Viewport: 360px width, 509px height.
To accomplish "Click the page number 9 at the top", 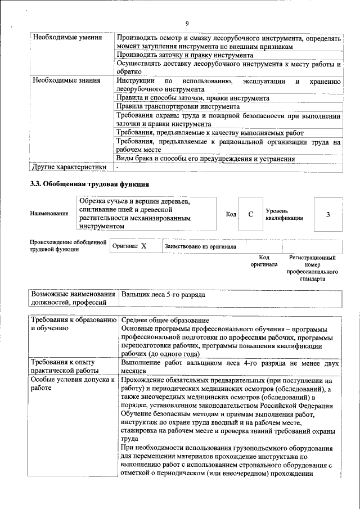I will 187,23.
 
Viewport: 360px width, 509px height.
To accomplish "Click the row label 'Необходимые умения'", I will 67,38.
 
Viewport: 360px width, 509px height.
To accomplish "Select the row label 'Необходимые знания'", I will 67,81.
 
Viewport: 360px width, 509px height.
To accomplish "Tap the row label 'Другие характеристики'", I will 69,167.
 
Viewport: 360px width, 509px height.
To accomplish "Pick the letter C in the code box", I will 251,214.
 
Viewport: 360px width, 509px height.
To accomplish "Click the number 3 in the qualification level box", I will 327,214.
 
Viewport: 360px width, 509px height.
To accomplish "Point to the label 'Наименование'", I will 49,214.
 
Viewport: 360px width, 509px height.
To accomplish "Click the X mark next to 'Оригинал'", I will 143,246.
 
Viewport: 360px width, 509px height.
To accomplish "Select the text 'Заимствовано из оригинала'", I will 200,246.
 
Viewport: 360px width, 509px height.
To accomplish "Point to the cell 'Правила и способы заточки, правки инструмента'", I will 192,98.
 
